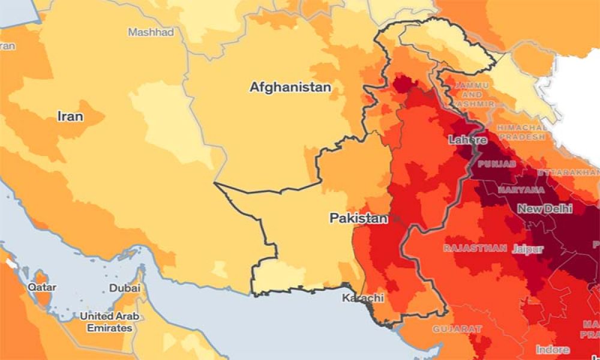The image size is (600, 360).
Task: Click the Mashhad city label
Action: pos(151,32)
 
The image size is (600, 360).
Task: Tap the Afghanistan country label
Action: pos(290,88)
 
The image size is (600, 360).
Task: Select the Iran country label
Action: pos(70,116)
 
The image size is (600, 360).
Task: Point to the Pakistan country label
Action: pos(358,218)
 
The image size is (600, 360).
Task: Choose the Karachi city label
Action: pos(362,298)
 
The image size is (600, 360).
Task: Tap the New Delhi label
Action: pos(545,209)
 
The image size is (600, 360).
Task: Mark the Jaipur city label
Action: pos(528,249)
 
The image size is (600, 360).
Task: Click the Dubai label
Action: pos(125,288)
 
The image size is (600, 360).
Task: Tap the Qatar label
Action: pos(42,287)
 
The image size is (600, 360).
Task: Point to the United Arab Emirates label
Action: pos(106,322)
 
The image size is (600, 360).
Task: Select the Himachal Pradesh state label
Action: pos(521,132)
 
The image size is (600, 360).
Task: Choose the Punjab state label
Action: pos(497,164)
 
